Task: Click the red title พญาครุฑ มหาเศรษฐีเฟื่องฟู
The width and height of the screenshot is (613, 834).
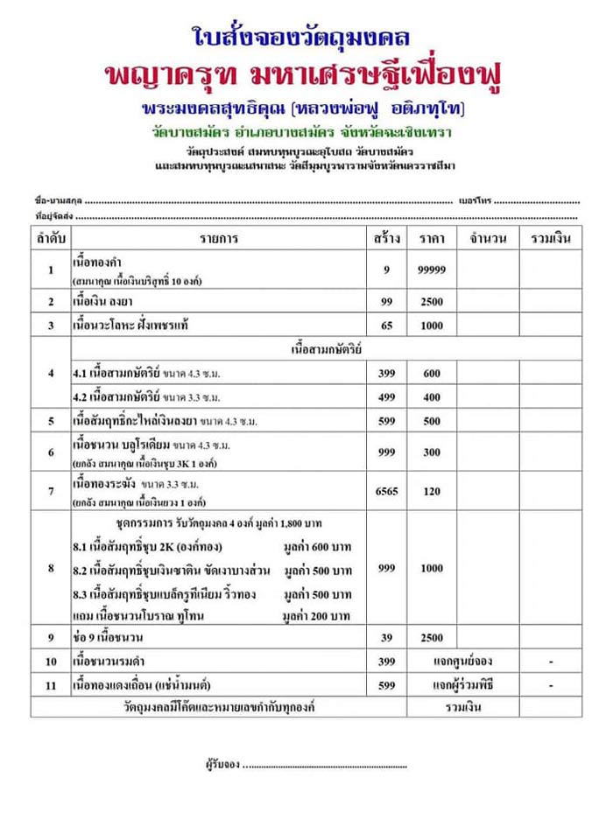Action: [x=306, y=76]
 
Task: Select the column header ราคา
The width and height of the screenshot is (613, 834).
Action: [x=432, y=238]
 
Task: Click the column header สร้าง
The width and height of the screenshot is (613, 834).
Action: [x=385, y=238]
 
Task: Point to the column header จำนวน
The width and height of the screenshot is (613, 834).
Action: [x=488, y=238]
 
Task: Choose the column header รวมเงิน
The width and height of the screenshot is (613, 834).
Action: [x=551, y=238]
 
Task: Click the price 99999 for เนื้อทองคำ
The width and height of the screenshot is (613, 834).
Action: [x=432, y=270]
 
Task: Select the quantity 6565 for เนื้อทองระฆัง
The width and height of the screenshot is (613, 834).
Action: [x=386, y=492]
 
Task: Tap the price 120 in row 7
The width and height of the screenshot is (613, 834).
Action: [x=432, y=492]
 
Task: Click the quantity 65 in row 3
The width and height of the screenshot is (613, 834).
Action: [x=386, y=325]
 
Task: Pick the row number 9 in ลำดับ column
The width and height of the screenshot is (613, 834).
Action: [x=51, y=635]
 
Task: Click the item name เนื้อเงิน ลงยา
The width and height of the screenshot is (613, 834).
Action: [x=106, y=301]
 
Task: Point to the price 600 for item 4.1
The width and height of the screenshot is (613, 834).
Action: [x=432, y=373]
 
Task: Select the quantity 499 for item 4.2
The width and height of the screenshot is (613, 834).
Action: [x=386, y=396]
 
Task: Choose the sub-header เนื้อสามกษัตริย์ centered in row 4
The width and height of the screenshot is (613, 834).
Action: [x=325, y=349]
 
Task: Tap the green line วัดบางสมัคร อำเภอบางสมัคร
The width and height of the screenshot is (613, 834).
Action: [x=306, y=133]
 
